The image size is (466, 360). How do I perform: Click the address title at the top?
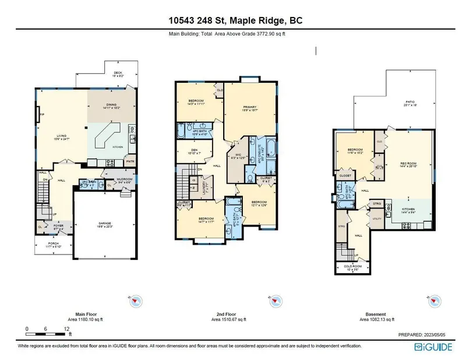[x=233, y=21]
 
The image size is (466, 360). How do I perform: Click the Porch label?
[x=53, y=243]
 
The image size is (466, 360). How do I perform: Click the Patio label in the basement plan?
[x=411, y=104]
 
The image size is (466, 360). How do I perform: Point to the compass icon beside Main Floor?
[x=136, y=301]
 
